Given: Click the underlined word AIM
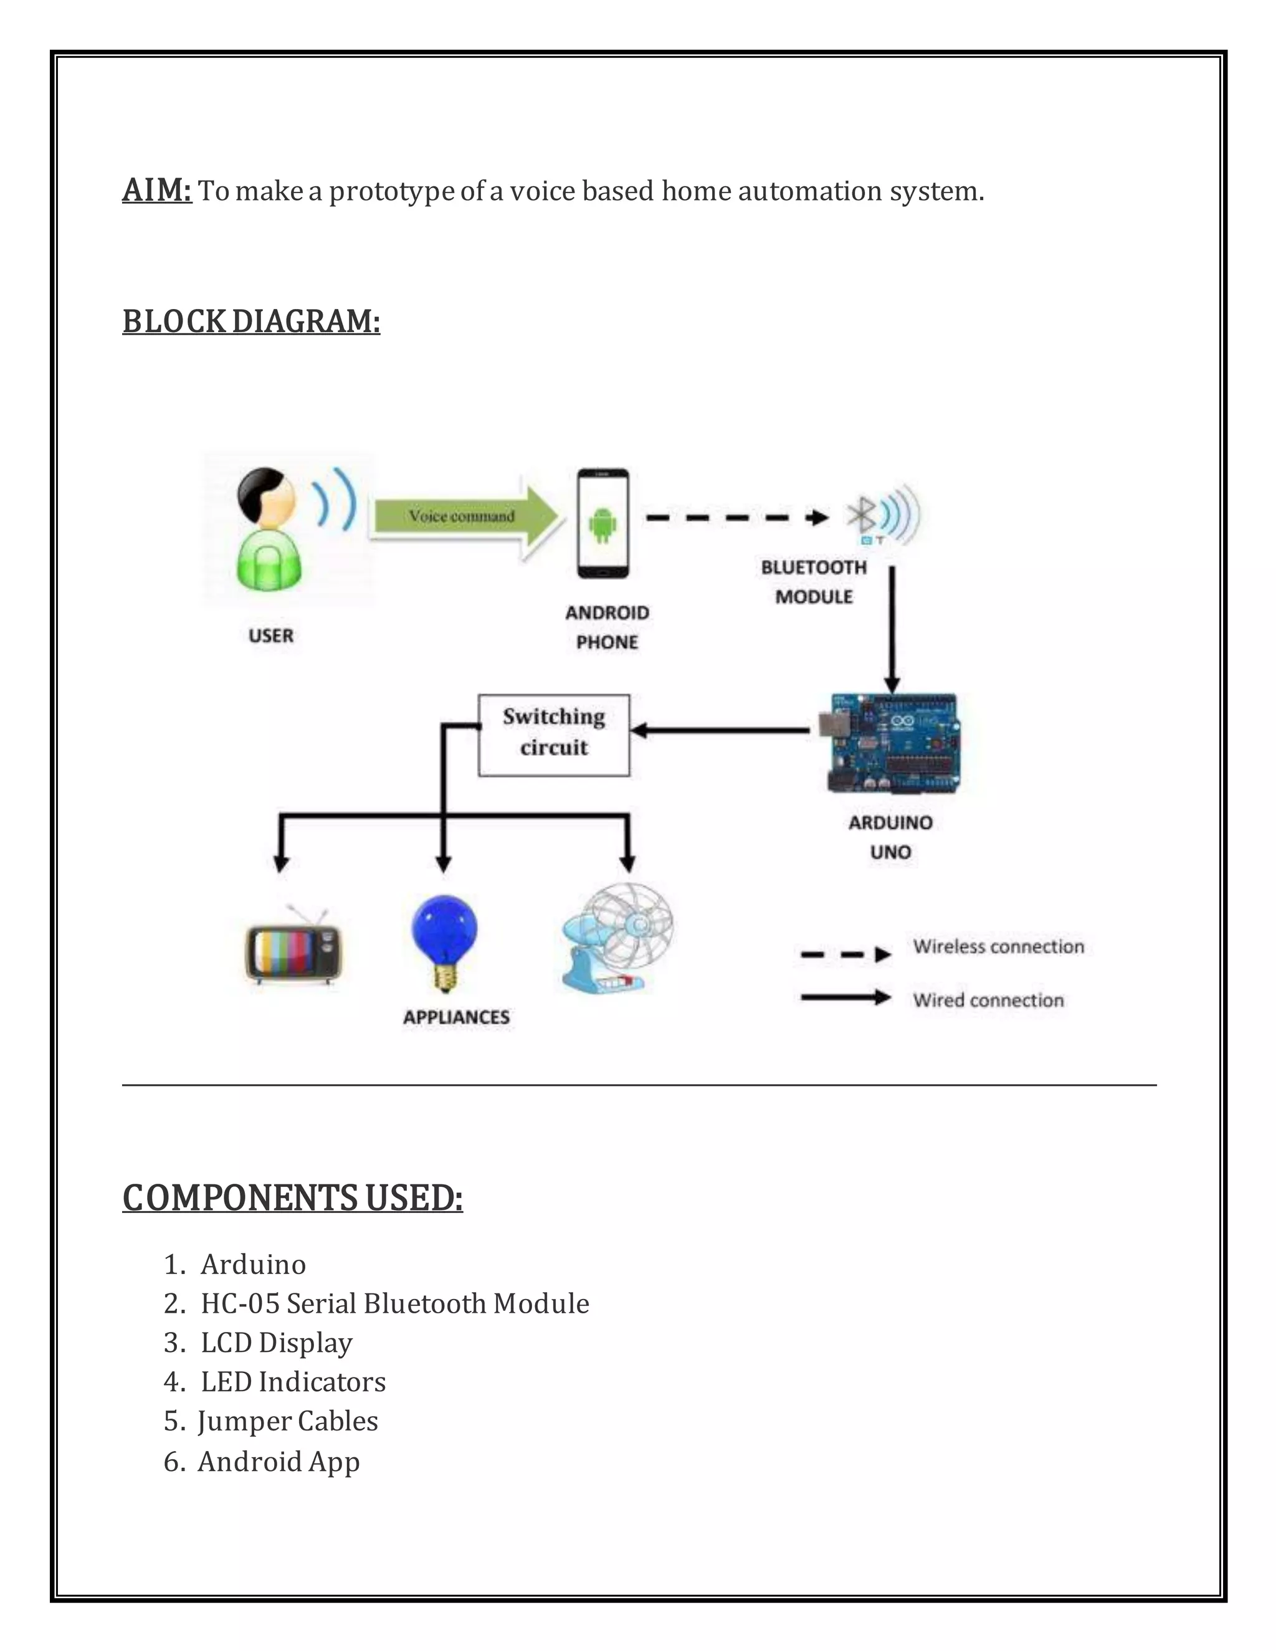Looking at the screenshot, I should tap(156, 191).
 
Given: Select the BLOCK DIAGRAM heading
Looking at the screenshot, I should tap(251, 321).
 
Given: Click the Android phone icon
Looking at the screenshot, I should tap(602, 523).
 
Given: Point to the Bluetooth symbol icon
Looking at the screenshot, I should tap(862, 516).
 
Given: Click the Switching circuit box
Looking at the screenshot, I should tap(554, 735).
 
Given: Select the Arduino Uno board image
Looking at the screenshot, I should tap(894, 744).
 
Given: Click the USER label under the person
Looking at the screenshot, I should tap(270, 635).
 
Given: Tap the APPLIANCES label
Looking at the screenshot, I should tap(456, 1017).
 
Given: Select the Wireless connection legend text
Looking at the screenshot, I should tap(998, 947).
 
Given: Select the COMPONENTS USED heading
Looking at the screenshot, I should tap(293, 1199).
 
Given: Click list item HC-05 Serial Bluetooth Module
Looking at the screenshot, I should tap(394, 1303).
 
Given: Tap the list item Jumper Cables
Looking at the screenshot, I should tap(287, 1421).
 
